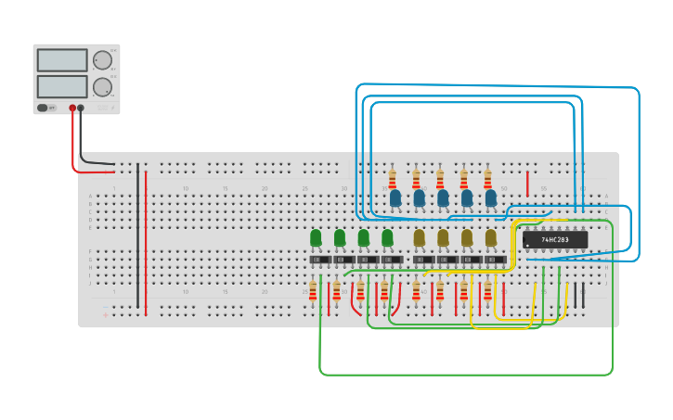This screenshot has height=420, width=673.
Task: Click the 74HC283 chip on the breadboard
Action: pyautogui.click(x=555, y=240)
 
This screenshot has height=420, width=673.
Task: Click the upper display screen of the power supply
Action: pyautogui.click(x=62, y=60)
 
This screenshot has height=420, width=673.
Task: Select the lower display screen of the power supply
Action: pyautogui.click(x=62, y=87)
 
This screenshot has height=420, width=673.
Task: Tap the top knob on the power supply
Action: pyautogui.click(x=101, y=60)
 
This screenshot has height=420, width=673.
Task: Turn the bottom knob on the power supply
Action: pyautogui.click(x=101, y=88)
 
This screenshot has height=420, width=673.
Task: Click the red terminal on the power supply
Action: pyautogui.click(x=72, y=108)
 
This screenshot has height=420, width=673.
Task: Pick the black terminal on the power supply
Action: pyautogui.click(x=81, y=108)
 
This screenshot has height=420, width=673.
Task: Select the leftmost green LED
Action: pyautogui.click(x=316, y=238)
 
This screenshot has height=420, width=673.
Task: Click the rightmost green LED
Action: pyautogui.click(x=387, y=238)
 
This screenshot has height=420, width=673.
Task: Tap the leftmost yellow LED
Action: pyautogui.click(x=419, y=238)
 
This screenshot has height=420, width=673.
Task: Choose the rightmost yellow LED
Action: pyautogui.click(x=490, y=238)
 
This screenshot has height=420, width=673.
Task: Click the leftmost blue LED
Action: pyautogui.click(x=395, y=197)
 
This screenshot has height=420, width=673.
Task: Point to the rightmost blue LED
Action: pyautogui.click(x=490, y=197)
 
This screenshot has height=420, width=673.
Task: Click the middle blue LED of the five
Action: pyautogui.click(x=443, y=197)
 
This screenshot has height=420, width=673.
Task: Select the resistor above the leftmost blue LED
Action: pyautogui.click(x=393, y=178)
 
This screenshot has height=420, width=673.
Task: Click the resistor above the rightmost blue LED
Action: pyautogui.click(x=487, y=178)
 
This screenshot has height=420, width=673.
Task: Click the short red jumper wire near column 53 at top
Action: pyautogui.click(x=527, y=183)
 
